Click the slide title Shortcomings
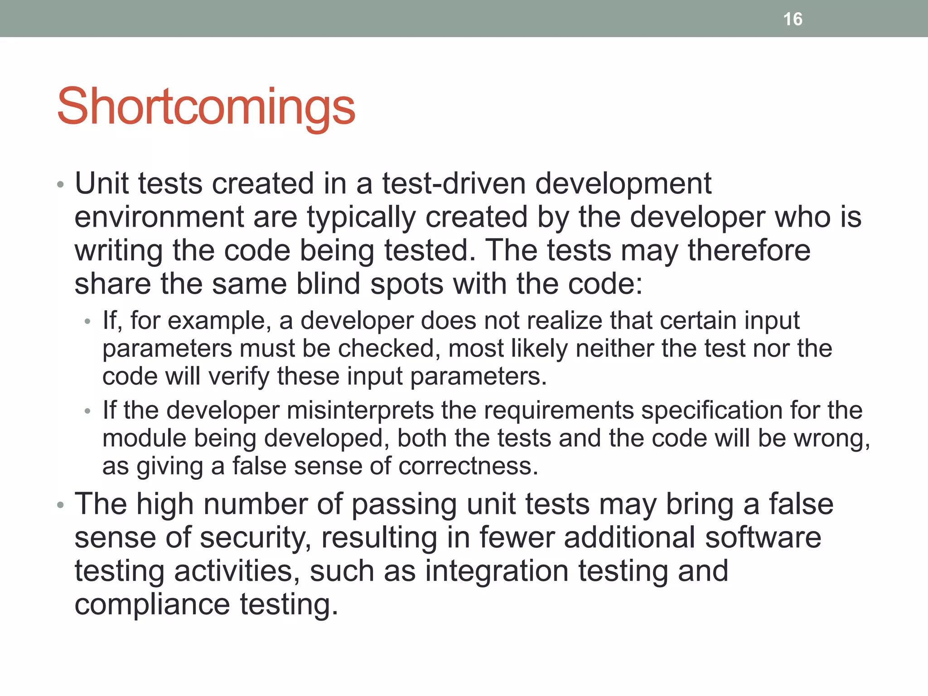[x=206, y=107]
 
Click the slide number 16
[x=793, y=19]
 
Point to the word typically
[x=361, y=218]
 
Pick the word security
[x=256, y=538]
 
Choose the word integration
[x=496, y=571]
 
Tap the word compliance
[x=152, y=604]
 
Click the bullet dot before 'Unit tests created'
[x=61, y=185]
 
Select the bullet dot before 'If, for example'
[x=87, y=322]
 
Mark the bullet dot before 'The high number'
[x=61, y=505]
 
